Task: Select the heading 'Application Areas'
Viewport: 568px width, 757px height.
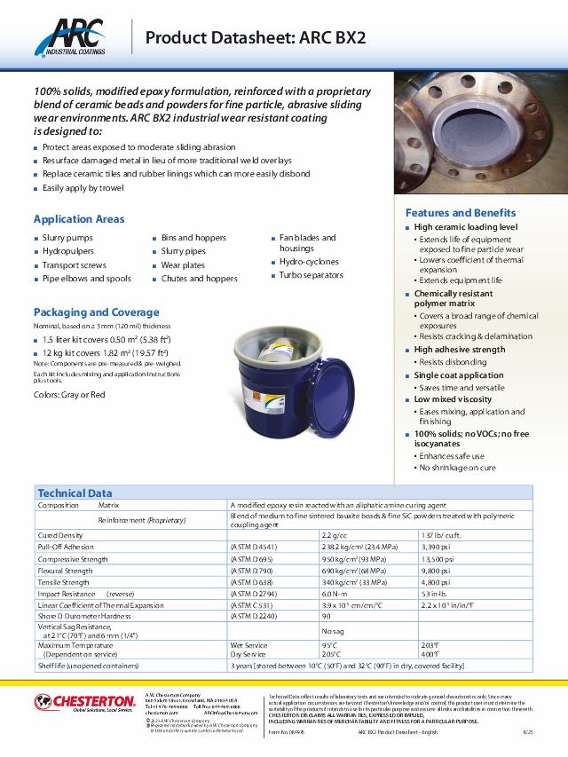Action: tap(79, 219)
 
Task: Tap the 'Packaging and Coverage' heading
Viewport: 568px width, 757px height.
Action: tap(96, 312)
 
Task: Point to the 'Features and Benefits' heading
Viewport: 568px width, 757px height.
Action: tap(460, 213)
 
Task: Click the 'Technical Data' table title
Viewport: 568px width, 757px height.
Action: tap(75, 493)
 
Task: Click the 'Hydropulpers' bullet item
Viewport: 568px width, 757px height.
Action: tap(67, 251)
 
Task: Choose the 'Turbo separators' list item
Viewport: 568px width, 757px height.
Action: tap(311, 275)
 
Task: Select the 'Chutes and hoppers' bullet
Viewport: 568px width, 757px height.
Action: tap(199, 279)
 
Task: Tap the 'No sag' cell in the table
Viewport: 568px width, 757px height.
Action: tap(332, 629)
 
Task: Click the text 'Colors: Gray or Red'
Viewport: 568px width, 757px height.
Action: tap(69, 394)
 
